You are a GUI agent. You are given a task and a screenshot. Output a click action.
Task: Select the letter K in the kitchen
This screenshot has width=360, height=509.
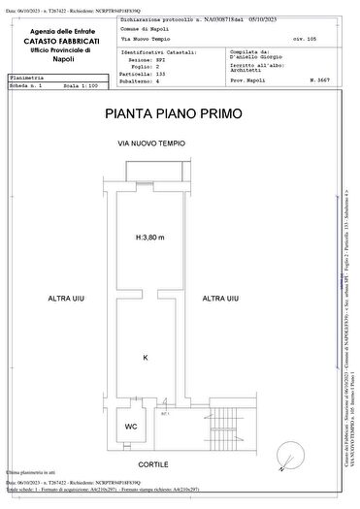146,358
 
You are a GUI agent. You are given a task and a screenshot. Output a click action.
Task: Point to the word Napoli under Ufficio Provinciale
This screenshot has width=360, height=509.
64,58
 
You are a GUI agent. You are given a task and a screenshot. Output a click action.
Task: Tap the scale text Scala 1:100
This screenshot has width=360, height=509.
82,84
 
